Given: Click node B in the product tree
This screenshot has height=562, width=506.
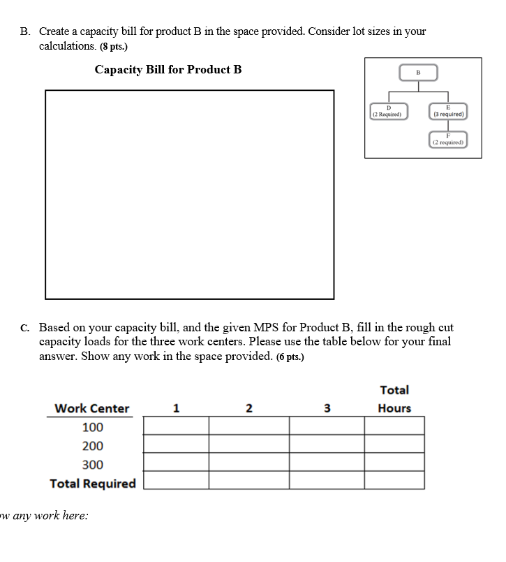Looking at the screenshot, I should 418,72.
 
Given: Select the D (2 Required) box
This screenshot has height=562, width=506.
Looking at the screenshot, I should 389,111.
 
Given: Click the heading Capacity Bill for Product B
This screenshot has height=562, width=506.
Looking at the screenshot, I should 168,69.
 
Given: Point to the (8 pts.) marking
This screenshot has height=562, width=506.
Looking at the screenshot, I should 114,46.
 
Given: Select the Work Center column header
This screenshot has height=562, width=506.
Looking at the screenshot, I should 91,408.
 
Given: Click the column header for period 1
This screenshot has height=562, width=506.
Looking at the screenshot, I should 177,408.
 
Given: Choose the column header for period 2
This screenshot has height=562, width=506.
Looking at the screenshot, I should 249,408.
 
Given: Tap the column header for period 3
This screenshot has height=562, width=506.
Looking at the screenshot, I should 327,408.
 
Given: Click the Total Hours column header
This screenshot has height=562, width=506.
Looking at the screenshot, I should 394,399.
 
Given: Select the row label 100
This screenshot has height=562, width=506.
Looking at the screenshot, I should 92,427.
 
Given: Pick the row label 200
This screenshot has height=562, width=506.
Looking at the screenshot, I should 92,446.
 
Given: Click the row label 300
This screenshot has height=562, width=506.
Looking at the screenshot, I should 92,465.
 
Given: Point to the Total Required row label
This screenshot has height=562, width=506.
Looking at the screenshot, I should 93,484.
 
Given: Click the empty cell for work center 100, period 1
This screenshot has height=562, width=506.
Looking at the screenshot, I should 177,425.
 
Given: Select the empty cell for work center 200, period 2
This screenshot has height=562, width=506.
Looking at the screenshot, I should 249,444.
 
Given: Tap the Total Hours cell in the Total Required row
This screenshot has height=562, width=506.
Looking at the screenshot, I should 394,480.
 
